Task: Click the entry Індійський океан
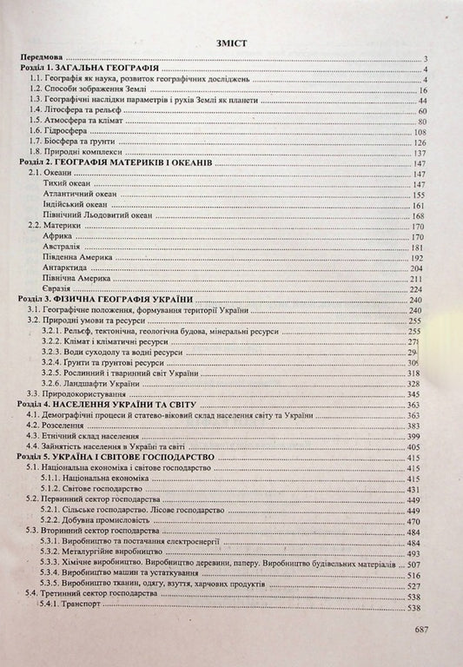tap(76, 205)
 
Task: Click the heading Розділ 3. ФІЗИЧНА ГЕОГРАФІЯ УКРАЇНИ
tap(106, 300)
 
